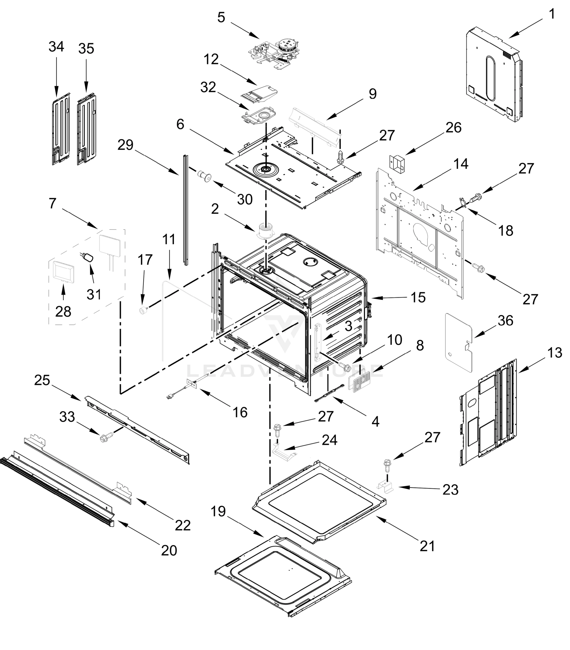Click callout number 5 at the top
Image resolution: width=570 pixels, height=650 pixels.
[x=221, y=18]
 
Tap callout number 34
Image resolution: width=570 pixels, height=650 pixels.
[x=56, y=47]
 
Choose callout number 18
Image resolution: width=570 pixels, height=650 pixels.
[x=506, y=230]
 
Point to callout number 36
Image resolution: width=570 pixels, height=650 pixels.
[x=506, y=321]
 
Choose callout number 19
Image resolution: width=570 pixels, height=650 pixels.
[x=218, y=512]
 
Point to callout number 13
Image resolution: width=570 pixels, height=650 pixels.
[x=555, y=353]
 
